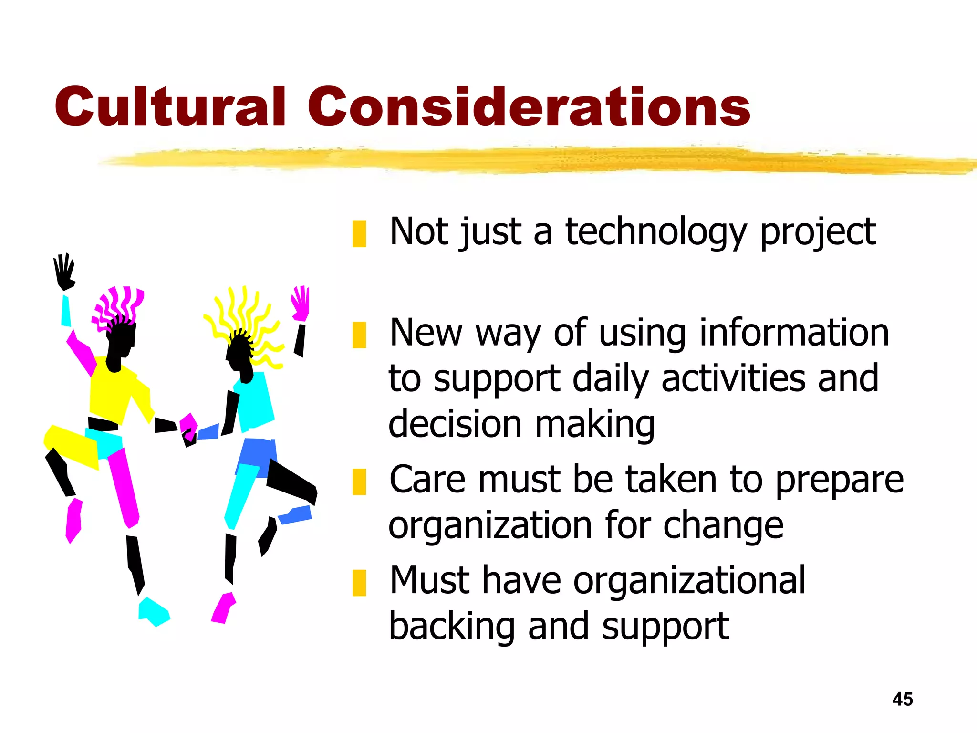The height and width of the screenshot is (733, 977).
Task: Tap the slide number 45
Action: point(902,699)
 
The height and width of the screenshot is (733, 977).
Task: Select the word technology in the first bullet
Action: point(655,232)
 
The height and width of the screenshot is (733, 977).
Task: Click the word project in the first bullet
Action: point(818,232)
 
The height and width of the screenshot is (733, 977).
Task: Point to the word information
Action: point(794,333)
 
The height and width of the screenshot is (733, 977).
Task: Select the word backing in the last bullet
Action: point(451,627)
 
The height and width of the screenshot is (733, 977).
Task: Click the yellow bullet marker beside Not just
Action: point(359,234)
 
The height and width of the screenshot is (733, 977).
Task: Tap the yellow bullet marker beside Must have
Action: point(359,583)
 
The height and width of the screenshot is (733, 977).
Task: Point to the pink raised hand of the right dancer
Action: point(301,304)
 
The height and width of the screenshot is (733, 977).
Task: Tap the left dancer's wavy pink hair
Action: point(117,305)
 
